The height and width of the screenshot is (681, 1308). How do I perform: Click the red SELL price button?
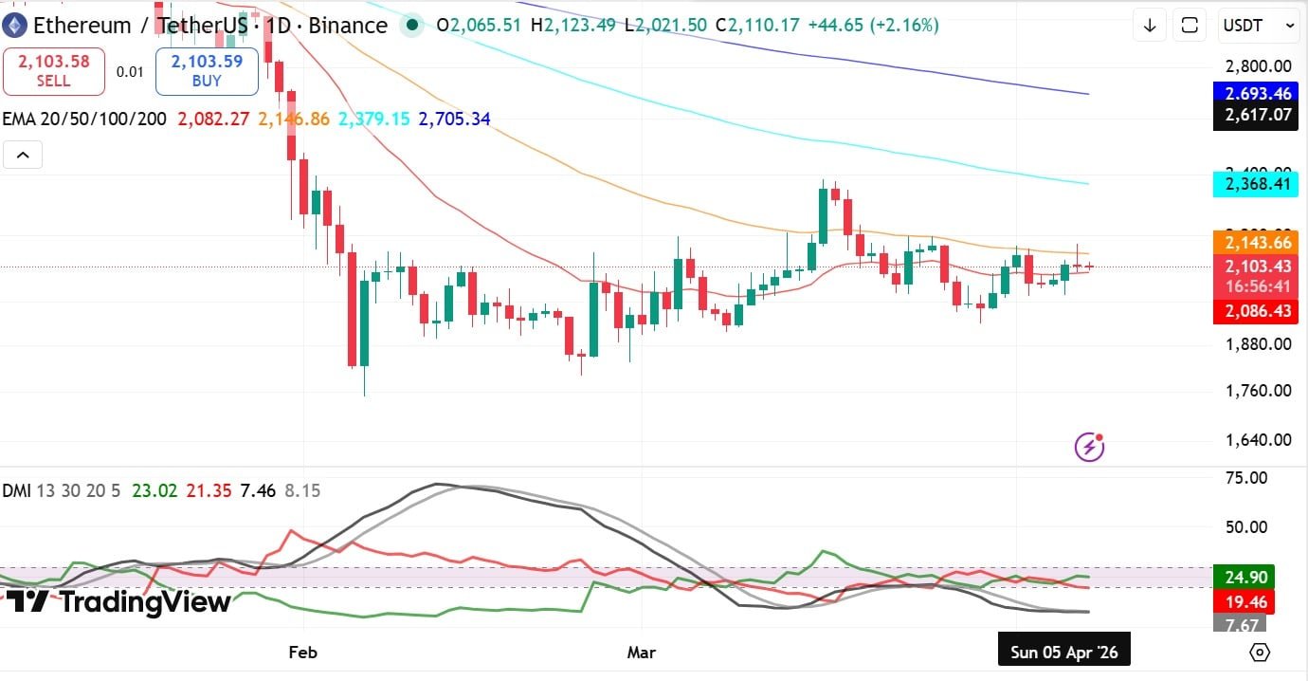tap(53, 71)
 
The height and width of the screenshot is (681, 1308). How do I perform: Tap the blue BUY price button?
tap(207, 71)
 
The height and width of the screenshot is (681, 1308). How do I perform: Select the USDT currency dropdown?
tap(1257, 26)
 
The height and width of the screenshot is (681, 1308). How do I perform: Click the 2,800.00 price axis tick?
tap(1257, 66)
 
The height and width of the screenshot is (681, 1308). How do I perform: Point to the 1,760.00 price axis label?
tap(1257, 391)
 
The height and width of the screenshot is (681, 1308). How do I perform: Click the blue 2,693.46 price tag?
tap(1256, 94)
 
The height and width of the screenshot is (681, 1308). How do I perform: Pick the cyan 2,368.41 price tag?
tap(1256, 184)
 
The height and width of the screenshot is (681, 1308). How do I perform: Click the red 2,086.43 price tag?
tap(1256, 311)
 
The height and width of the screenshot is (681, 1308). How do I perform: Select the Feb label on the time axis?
tap(301, 653)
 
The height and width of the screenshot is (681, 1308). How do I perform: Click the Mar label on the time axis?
tap(642, 653)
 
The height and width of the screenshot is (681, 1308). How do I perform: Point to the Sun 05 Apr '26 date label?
tap(1063, 653)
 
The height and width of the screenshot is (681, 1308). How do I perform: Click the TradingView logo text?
tap(119, 601)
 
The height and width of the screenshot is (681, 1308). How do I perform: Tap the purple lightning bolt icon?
tap(1089, 446)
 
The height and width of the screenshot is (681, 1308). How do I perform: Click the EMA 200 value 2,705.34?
tap(454, 120)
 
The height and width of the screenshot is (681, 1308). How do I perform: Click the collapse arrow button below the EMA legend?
tap(23, 155)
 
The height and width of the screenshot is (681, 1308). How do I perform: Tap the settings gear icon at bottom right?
tap(1260, 653)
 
